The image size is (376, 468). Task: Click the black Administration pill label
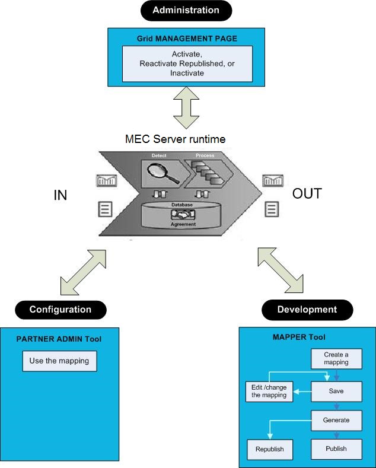[x=186, y=11]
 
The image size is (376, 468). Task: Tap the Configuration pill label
[x=60, y=310]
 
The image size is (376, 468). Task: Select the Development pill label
[x=307, y=310]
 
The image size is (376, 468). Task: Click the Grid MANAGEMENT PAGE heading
[x=187, y=39]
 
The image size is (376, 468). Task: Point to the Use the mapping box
[x=59, y=361]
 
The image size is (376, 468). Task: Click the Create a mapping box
[x=336, y=358]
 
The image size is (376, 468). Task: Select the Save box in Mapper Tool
[x=336, y=391]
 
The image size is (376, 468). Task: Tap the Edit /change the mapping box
[x=269, y=391]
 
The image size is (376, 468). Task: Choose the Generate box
[x=336, y=420]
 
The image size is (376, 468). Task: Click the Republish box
[x=269, y=449]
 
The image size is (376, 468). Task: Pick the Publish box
[x=336, y=448]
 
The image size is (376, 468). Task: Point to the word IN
[x=60, y=195]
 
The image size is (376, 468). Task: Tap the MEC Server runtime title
[x=176, y=139]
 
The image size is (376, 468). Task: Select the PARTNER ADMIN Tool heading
[x=59, y=339]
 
